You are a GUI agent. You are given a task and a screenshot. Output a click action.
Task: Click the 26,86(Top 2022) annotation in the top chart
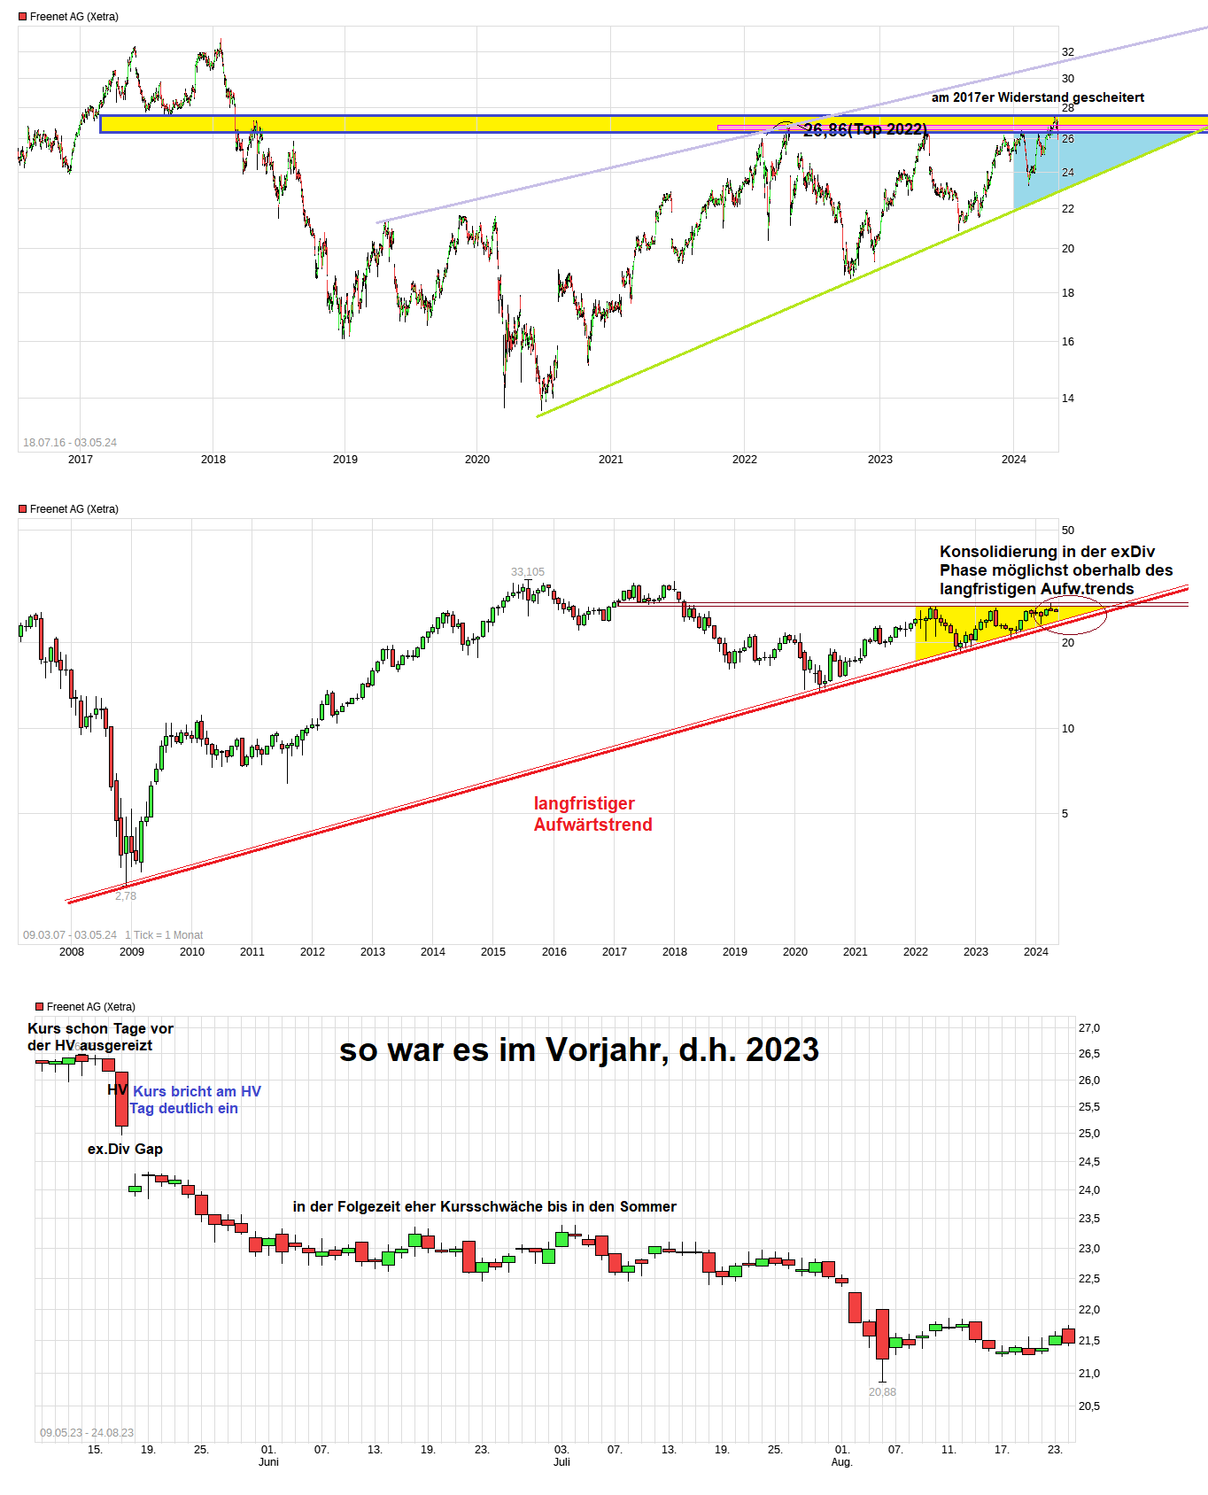point(865,130)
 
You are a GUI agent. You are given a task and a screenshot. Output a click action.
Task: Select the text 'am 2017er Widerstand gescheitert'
point(1037,97)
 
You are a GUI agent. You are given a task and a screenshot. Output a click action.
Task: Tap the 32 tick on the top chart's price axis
point(1068,52)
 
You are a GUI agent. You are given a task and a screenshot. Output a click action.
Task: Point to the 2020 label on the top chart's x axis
point(477,459)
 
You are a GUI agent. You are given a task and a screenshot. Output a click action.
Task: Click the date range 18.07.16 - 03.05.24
point(70,442)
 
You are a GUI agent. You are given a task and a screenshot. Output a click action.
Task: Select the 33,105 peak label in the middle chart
point(528,572)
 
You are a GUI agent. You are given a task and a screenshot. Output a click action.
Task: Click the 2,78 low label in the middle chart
point(126,896)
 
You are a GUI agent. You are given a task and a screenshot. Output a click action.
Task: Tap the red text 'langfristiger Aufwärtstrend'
point(592,814)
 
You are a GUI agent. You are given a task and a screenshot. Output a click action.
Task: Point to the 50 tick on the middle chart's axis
point(1068,531)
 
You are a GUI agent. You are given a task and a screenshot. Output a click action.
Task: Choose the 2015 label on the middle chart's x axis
point(493,951)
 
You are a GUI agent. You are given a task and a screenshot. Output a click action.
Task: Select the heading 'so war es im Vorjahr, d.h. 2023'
point(579,1050)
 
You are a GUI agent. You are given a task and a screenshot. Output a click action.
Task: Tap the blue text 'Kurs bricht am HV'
point(197,1091)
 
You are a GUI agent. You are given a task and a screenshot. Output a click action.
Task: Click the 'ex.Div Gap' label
point(125,1149)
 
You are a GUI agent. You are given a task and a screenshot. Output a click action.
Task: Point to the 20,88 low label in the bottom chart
point(882,1392)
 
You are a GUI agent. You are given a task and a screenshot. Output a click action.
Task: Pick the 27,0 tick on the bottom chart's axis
point(1088,1028)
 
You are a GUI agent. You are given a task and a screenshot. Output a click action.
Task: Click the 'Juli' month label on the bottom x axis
point(561,1461)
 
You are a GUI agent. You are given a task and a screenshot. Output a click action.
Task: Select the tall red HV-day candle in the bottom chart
point(121,1098)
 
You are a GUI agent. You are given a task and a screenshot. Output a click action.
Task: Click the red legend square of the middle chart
point(23,509)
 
